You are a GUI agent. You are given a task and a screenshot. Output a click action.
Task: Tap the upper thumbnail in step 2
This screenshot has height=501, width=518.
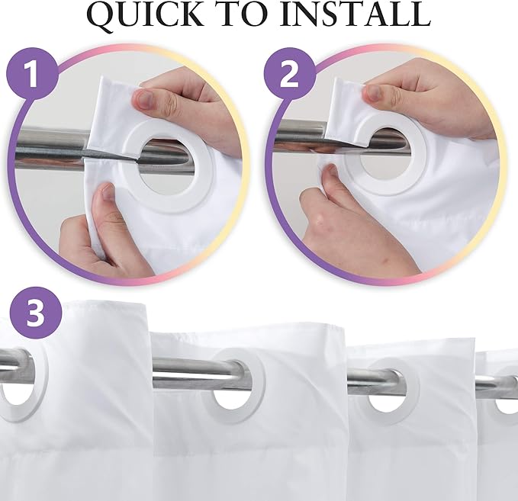(375, 94)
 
